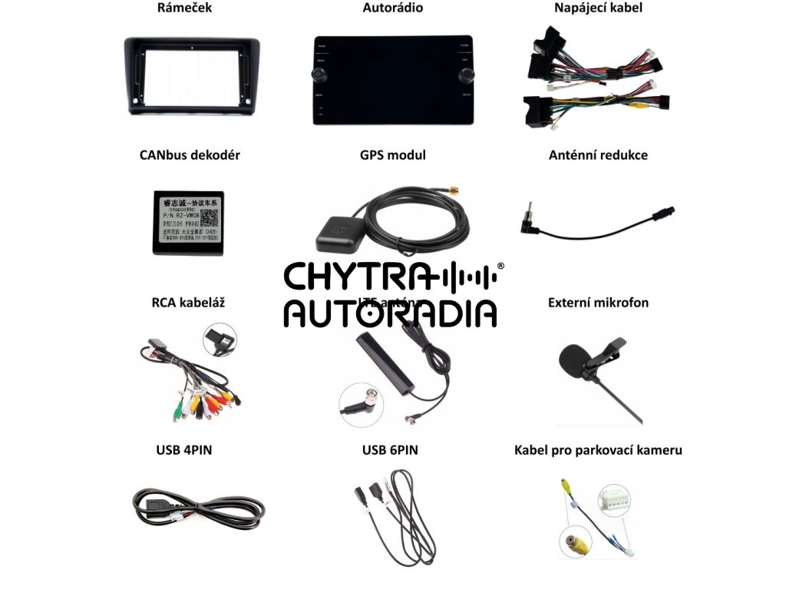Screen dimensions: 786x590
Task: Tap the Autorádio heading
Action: coord(392,8)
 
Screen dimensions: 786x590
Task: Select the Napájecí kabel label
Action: coord(598,8)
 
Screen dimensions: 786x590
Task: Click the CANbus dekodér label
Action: coord(190,155)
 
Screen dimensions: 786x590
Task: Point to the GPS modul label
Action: coord(392,155)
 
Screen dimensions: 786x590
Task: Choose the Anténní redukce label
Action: coord(598,155)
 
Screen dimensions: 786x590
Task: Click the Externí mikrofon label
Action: coord(598,303)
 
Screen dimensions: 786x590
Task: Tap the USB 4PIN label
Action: coord(183,450)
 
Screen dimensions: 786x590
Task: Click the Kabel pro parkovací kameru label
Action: coord(598,450)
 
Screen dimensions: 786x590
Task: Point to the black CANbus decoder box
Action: coord(187,223)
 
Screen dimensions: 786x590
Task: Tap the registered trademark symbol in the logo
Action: coord(500,266)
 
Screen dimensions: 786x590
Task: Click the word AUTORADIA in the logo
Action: coord(390,313)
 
